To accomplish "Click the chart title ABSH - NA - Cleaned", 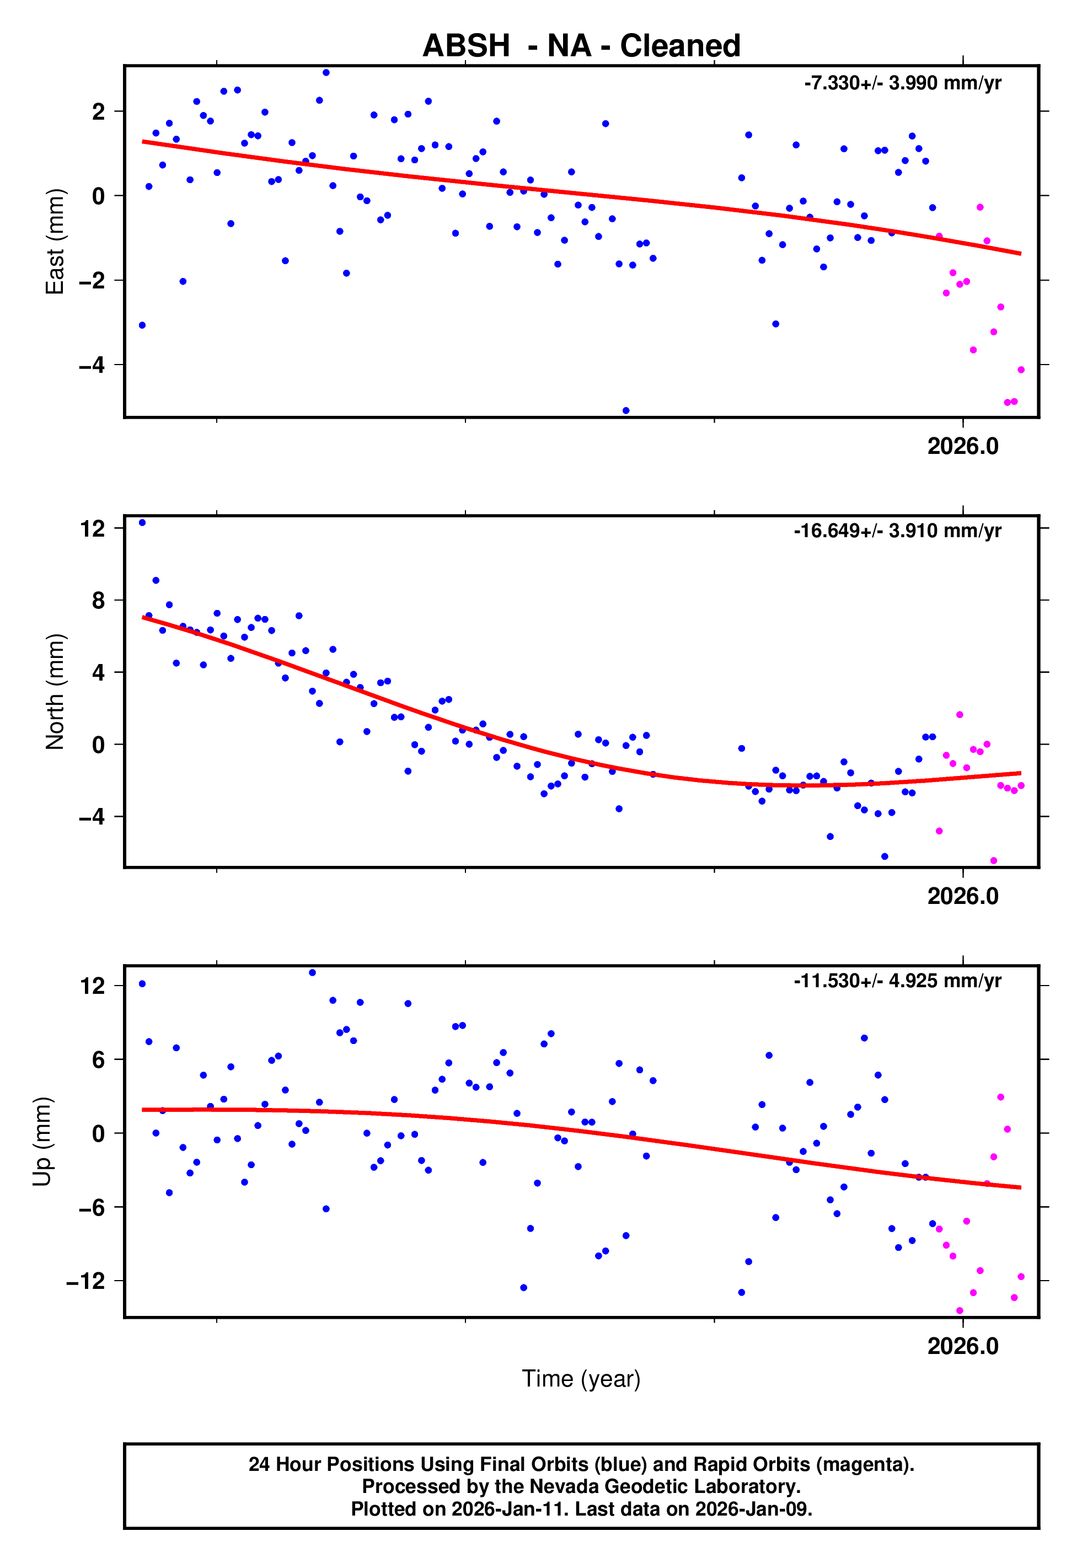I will pyautogui.click(x=581, y=46).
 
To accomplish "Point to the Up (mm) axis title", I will pyautogui.click(x=42, y=1142).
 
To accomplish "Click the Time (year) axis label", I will pyautogui.click(x=581, y=1379).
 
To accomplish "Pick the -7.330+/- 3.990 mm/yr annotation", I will pyautogui.click(x=902, y=83).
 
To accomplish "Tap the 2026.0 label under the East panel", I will pyautogui.click(x=963, y=447).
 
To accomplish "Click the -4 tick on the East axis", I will pyautogui.click(x=92, y=365).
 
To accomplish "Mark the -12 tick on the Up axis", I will pyautogui.click(x=86, y=1281).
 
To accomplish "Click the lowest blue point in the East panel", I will pyautogui.click(x=626, y=411).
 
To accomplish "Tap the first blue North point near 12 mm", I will pyautogui.click(x=142, y=523).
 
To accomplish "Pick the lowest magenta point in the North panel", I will pyautogui.click(x=994, y=861).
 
